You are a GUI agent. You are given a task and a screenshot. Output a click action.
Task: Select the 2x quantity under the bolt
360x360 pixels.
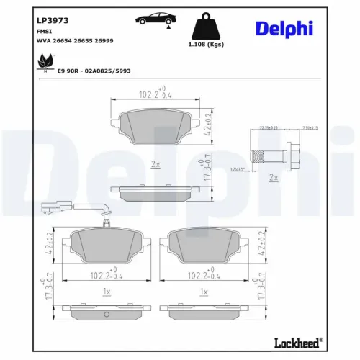point(273,176)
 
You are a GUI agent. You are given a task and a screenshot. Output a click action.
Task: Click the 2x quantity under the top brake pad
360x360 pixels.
point(155,164)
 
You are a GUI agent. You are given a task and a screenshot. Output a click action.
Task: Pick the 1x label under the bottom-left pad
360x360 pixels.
point(107,292)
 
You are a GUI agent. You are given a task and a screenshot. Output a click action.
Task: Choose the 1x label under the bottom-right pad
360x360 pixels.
point(204,292)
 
